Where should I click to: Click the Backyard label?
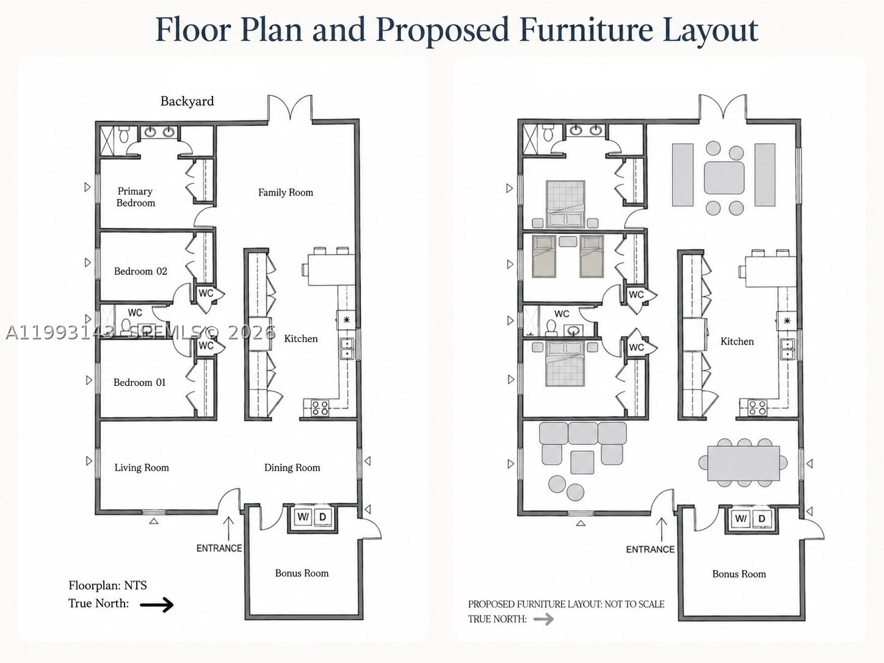point(187,101)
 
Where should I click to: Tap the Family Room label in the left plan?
point(286,192)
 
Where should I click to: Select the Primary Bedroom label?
point(136,197)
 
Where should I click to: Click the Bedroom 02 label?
point(140,271)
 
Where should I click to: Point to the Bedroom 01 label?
point(139,382)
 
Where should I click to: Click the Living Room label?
point(142,468)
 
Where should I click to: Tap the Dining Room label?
point(292,468)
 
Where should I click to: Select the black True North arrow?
point(157,604)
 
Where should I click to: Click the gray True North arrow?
point(544,619)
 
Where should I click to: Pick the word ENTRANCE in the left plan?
point(219,548)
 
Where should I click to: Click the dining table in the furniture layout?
point(744,463)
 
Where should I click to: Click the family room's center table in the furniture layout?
point(724,178)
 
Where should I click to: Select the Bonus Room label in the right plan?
point(739,574)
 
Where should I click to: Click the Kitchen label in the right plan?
point(737,341)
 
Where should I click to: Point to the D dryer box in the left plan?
point(322,516)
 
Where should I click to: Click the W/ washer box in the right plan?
point(741,518)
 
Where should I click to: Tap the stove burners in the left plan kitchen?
point(320,408)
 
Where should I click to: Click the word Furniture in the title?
point(586,30)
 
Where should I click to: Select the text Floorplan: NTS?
point(107,585)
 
